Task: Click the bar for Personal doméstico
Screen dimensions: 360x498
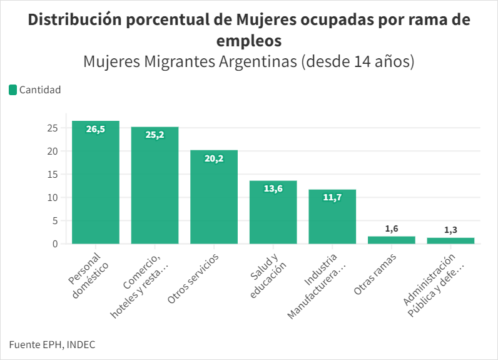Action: click(96, 185)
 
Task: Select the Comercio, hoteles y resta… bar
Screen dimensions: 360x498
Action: click(155, 188)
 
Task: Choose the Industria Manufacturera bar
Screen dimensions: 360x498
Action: click(332, 219)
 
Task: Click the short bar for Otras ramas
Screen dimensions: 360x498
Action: click(392, 240)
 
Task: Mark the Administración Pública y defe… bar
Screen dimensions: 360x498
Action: click(450, 240)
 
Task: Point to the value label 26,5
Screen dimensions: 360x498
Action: click(96, 129)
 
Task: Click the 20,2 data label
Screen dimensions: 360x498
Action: click(214, 158)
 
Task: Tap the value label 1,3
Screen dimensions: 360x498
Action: click(450, 230)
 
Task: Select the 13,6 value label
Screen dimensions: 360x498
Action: click(273, 188)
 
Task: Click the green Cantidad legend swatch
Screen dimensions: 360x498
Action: click(13, 90)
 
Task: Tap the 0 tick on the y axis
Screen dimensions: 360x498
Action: click(55, 244)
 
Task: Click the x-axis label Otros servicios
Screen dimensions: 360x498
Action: click(193, 279)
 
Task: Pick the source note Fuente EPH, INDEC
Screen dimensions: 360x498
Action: click(52, 344)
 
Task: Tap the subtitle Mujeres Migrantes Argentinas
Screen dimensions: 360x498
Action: click(190, 62)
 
